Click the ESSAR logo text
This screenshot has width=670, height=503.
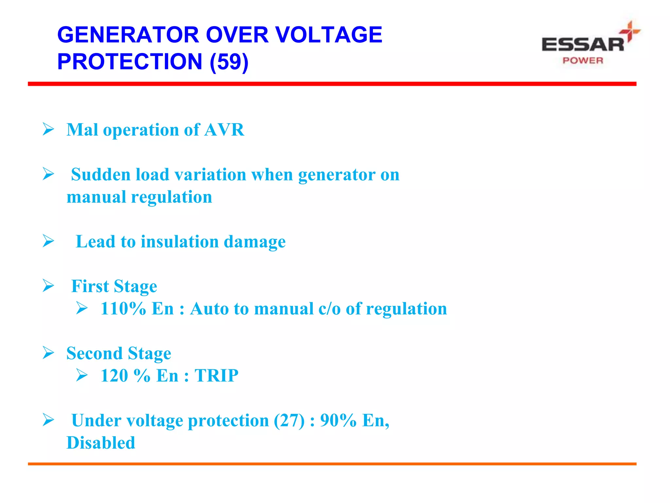tap(583, 45)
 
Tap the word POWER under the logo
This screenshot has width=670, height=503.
tap(583, 61)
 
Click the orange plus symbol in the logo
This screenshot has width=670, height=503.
tap(629, 31)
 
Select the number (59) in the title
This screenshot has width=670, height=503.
tap(229, 62)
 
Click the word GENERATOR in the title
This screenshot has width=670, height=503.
tap(128, 35)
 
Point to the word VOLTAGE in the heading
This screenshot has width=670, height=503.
tap(328, 35)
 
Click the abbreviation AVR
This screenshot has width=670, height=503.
tap(224, 130)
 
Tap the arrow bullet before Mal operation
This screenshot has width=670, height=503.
tap(48, 129)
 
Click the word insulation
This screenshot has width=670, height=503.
tap(180, 242)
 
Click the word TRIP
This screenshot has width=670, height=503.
tap(217, 375)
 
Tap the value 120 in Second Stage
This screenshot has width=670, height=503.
tap(114, 375)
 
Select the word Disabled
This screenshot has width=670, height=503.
tap(101, 443)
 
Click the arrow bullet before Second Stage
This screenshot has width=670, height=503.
tap(48, 353)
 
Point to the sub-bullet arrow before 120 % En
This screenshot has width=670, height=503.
tap(82, 375)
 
